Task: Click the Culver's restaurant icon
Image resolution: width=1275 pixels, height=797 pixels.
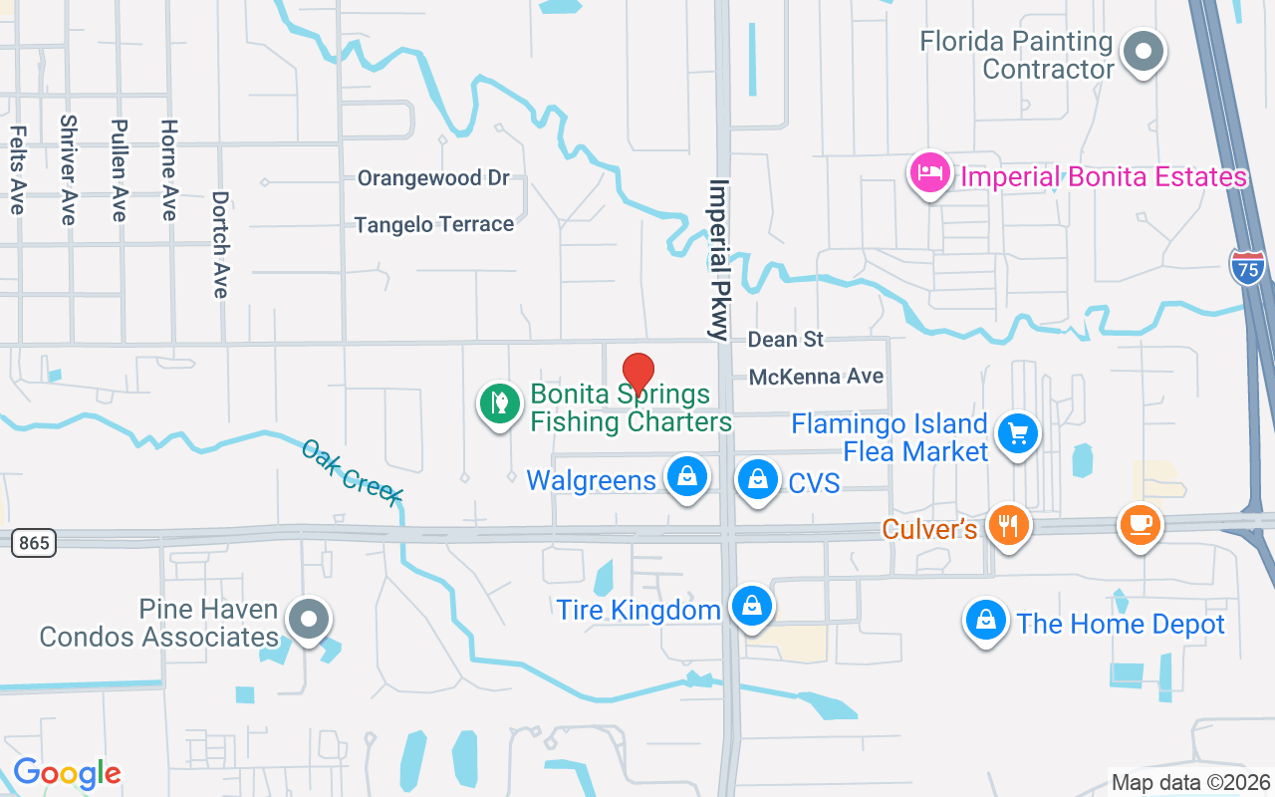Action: pos(1008,524)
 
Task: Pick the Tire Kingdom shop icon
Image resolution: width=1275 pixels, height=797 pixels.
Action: pos(752,605)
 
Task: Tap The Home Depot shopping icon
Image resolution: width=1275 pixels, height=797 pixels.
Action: pos(985,620)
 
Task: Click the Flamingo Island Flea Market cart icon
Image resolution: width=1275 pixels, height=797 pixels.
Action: pos(1018,434)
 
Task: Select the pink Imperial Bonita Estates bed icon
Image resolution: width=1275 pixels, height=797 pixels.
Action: pos(929,173)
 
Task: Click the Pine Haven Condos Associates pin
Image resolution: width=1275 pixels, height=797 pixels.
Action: pos(309,619)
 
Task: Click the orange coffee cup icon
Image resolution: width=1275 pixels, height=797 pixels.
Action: pos(1141,523)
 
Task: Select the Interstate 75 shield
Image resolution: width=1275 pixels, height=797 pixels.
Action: pos(1248,268)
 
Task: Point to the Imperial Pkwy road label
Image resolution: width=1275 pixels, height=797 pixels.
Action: pos(719,259)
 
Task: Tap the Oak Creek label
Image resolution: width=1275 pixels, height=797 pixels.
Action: pos(353,472)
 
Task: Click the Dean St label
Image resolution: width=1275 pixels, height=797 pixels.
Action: pos(786,340)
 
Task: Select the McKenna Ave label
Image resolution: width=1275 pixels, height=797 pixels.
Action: pos(816,377)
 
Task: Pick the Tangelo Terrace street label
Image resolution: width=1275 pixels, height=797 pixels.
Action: pos(434,224)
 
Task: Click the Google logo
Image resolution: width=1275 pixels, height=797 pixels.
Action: pos(67,773)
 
